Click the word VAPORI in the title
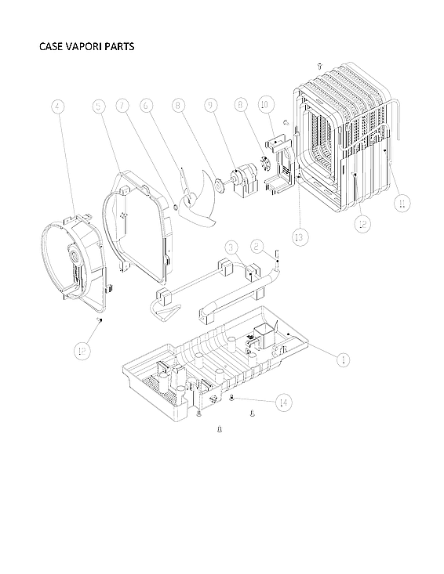click(x=82, y=46)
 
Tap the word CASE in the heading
click(x=50, y=46)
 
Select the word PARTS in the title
click(x=119, y=46)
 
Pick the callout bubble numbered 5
click(x=98, y=107)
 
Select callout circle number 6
click(x=147, y=106)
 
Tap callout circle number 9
click(x=212, y=106)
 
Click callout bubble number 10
click(x=264, y=104)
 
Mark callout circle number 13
click(x=298, y=236)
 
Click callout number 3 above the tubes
click(x=230, y=247)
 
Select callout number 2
click(x=257, y=246)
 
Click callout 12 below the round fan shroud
click(x=82, y=351)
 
